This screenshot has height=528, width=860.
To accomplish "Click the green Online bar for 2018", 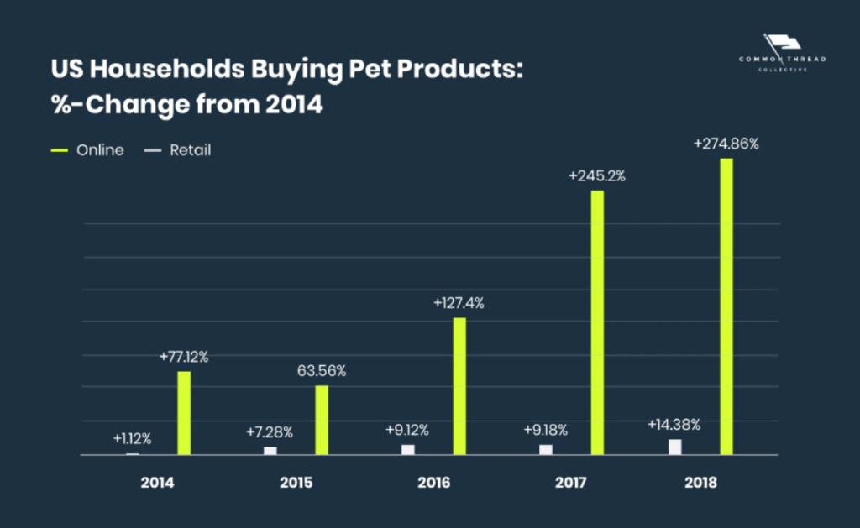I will [726, 306].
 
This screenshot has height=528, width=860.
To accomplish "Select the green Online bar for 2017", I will [597, 322].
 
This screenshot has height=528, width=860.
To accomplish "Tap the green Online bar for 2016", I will [459, 386].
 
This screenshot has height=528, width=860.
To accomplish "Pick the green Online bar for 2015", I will [322, 420].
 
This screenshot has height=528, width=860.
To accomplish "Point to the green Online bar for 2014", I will [184, 413].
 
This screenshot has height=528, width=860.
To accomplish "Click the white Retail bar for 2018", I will [674, 447].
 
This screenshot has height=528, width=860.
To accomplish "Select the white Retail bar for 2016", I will [407, 449].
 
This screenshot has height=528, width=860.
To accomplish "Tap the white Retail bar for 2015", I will [270, 451].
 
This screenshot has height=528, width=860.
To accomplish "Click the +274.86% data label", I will [726, 144].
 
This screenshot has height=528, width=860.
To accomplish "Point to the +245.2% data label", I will [597, 176].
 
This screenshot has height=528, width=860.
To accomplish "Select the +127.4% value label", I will [459, 303].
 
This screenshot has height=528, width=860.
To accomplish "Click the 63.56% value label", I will [322, 370].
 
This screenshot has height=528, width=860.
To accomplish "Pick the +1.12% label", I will [132, 438].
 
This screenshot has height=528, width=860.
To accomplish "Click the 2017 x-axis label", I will [570, 483].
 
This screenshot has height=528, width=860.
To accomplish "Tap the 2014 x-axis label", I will [157, 483].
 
